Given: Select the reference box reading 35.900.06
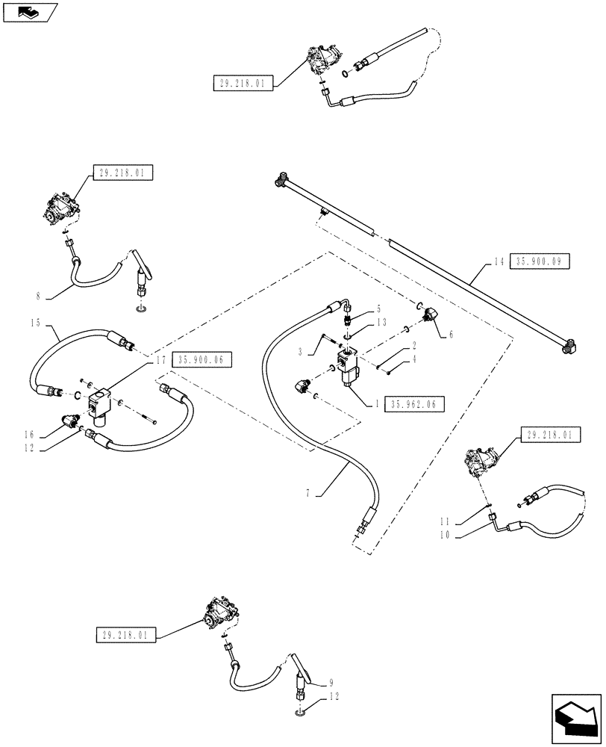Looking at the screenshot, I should pos(202,359).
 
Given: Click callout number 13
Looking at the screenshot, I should pos(382,322).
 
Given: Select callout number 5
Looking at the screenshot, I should pos(378,308).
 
